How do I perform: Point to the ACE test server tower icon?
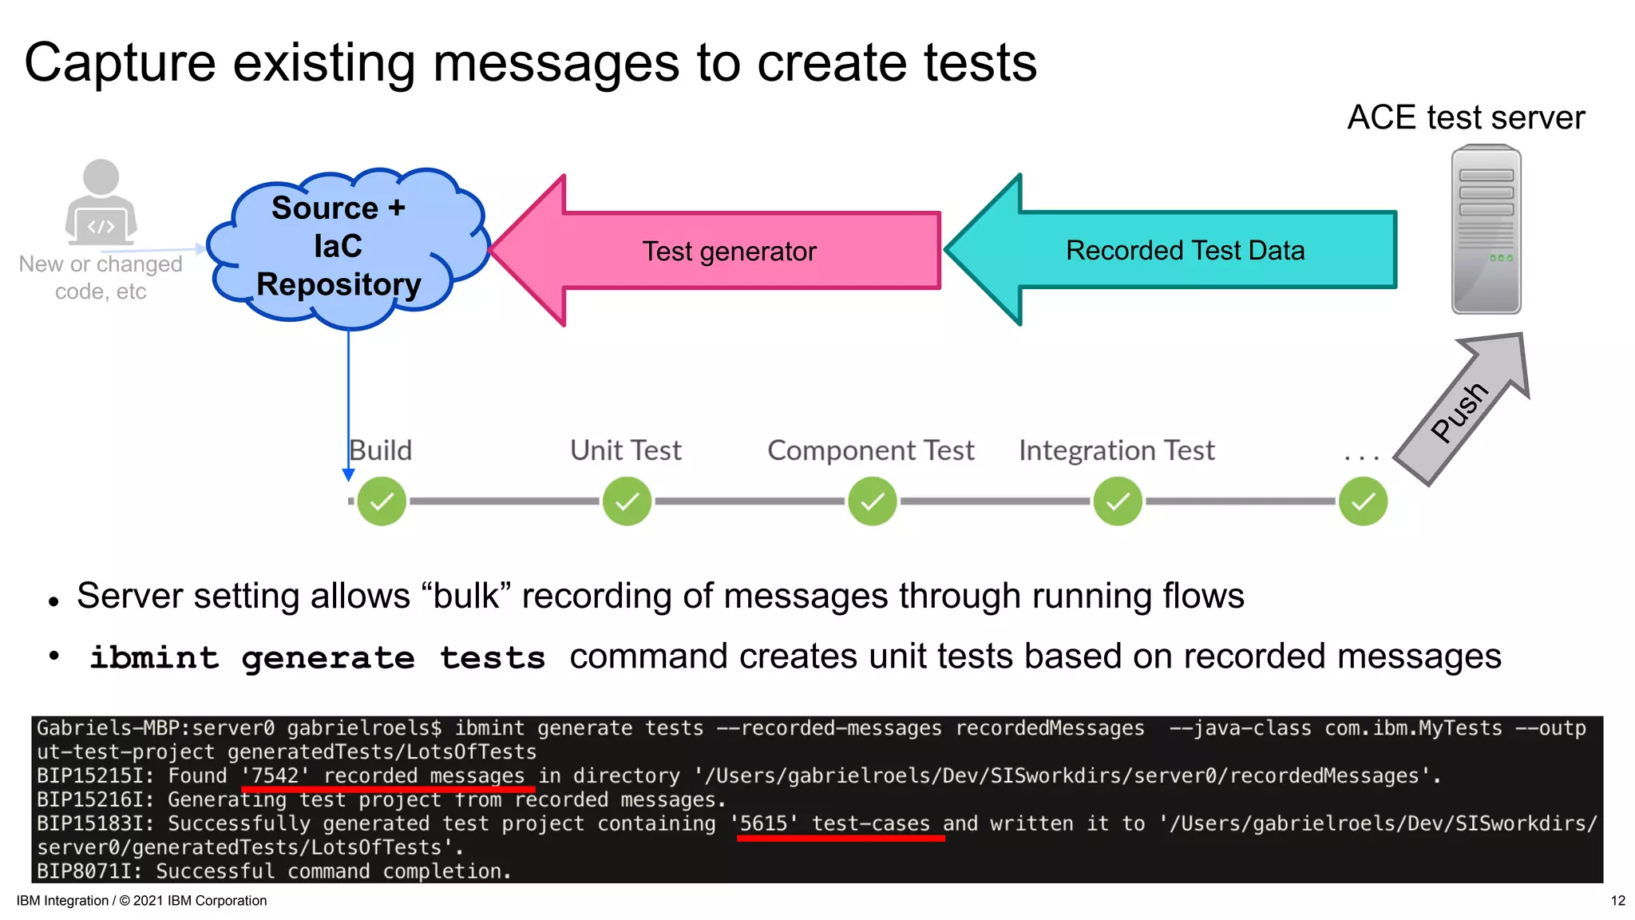1486,230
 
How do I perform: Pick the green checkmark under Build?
382,502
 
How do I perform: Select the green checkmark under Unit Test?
627,502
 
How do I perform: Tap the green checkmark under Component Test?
872,502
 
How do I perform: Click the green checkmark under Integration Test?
1117,502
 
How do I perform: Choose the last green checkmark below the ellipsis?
1363,502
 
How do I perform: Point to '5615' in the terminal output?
763,823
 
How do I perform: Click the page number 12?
1617,901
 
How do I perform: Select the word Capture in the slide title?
120,62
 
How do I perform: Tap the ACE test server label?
1466,117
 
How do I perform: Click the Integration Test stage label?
1116,450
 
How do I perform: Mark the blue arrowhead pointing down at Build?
349,475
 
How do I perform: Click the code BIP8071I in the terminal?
89,871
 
